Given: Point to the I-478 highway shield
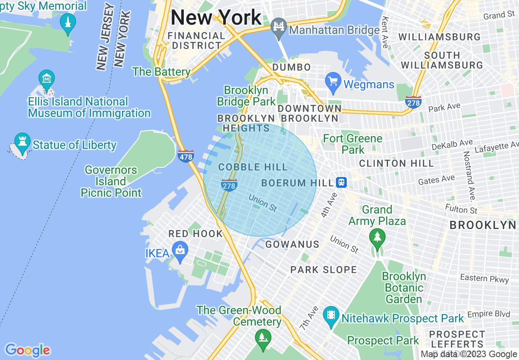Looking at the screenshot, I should pyautogui.click(x=186, y=155).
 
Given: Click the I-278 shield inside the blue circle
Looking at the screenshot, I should pyautogui.click(x=229, y=185).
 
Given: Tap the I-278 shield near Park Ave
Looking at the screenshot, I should pyautogui.click(x=413, y=102).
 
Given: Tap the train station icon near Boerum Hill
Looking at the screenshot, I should pyautogui.click(x=341, y=182).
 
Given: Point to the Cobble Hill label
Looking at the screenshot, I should pyautogui.click(x=253, y=167).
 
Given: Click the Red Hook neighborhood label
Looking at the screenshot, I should pyautogui.click(x=196, y=234).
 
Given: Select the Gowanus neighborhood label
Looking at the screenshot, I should pyautogui.click(x=292, y=245).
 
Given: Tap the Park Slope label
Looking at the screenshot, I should pyautogui.click(x=324, y=270).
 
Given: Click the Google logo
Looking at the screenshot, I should pyautogui.click(x=27, y=351).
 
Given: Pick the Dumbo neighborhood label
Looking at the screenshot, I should pyautogui.click(x=291, y=67).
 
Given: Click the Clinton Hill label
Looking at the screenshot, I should pyautogui.click(x=396, y=164).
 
